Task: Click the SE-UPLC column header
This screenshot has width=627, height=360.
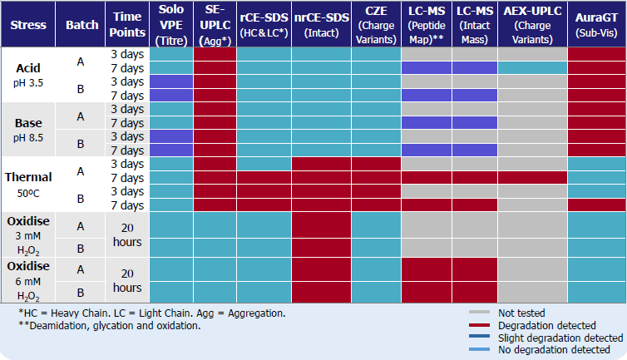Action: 215,24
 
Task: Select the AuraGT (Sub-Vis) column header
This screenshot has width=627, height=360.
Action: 595,24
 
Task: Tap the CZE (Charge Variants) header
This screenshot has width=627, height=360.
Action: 375,24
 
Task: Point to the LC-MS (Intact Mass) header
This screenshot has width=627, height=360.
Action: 475,24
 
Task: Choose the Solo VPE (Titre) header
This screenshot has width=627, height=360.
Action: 170,24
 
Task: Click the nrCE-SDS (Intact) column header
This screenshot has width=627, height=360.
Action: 320,24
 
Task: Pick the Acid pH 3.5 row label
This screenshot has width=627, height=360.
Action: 28,74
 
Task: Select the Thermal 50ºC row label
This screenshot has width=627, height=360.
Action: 28,183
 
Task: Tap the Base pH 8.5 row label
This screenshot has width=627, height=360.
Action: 28,129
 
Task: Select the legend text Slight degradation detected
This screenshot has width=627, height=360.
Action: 560,338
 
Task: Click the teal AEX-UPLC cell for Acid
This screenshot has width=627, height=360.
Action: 532,67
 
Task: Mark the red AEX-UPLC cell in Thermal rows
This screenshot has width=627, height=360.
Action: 532,177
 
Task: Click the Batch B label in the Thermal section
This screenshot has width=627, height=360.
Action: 81,198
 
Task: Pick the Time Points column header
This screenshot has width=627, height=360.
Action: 127,24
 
